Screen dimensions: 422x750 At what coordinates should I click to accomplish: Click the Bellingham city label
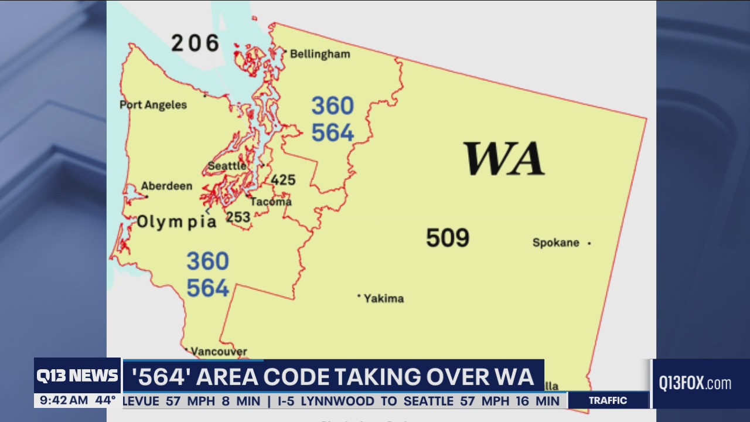[320, 54]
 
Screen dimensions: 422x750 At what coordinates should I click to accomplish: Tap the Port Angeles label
[154, 105]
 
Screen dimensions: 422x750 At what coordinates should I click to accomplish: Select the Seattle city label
[227, 166]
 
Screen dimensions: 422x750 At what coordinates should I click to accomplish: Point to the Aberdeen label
[166, 186]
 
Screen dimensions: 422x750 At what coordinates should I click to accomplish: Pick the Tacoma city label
[271, 202]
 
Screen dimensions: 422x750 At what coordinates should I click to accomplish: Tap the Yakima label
[383, 298]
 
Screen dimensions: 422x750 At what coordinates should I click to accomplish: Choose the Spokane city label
[555, 243]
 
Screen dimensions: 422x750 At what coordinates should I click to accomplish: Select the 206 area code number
[195, 43]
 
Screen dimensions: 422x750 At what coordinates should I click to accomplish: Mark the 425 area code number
[283, 180]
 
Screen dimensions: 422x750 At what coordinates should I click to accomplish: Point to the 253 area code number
[238, 217]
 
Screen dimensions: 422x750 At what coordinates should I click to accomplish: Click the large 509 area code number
[448, 238]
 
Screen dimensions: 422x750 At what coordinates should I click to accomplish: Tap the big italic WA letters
[504, 159]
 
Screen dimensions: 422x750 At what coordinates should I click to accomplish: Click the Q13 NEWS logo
[77, 376]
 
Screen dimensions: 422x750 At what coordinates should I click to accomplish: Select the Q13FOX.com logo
[695, 384]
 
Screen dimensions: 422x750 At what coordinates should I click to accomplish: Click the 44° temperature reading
[105, 401]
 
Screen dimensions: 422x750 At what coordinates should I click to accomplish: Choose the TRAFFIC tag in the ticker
[608, 401]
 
